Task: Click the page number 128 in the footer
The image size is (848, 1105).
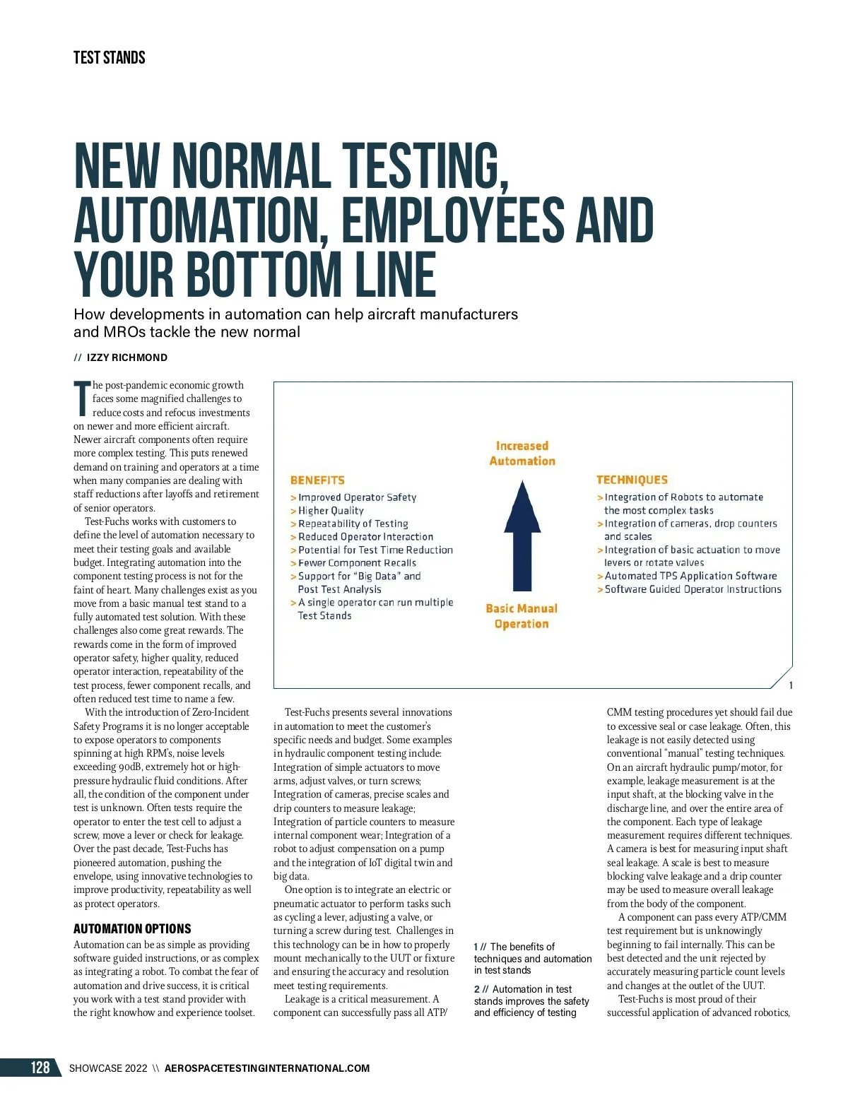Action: click(x=40, y=1067)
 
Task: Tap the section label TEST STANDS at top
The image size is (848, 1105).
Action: click(x=109, y=58)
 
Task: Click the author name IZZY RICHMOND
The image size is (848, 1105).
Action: click(x=127, y=357)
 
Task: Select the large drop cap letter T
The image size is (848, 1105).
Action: click(x=82, y=398)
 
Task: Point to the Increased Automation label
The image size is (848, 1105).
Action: click(x=522, y=454)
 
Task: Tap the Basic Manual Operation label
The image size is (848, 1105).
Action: click(x=522, y=616)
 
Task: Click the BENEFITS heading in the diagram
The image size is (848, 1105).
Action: click(x=317, y=480)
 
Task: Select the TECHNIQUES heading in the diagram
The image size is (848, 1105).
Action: click(x=632, y=480)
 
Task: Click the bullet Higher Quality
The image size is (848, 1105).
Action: click(x=331, y=511)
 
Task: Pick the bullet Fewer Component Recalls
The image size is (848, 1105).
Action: click(x=357, y=563)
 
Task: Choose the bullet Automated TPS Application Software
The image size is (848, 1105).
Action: click(x=690, y=576)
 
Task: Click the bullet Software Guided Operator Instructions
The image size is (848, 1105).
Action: click(x=693, y=589)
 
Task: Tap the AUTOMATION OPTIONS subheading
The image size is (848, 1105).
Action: click(x=132, y=929)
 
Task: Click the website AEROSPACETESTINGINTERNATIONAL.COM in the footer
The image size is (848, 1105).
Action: click(x=267, y=1068)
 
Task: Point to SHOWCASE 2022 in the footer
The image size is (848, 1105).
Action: click(x=108, y=1068)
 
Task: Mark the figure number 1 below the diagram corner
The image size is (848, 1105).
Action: click(x=791, y=685)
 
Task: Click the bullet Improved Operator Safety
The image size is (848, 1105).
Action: click(x=357, y=497)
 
